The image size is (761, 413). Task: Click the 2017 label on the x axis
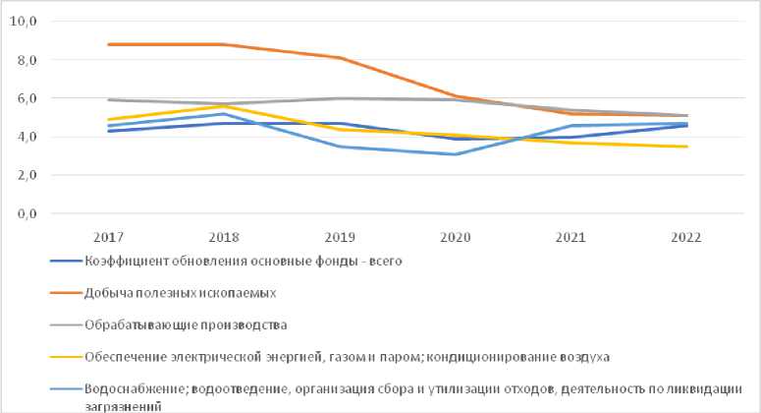pyautogui.click(x=108, y=237)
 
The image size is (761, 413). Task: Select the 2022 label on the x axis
pyautogui.click(x=687, y=237)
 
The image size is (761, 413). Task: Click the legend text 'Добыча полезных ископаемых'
pyautogui.click(x=167, y=293)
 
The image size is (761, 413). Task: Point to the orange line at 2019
pyautogui.click(x=340, y=58)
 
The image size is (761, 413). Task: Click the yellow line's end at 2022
pyautogui.click(x=687, y=147)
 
